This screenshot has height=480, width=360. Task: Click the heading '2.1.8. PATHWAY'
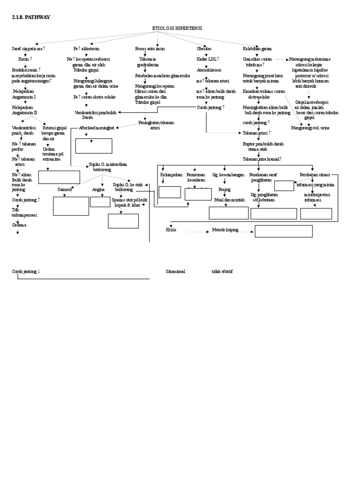tap(31, 17)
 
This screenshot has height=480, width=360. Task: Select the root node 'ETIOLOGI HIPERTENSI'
tap(177, 29)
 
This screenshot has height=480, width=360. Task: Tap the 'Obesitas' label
tap(204, 49)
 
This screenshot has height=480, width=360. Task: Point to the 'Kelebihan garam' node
tap(257, 49)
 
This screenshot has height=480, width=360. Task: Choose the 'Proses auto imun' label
tap(150, 49)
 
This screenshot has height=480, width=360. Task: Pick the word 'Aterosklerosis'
tap(209, 70)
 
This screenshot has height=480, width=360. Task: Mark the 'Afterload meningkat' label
tap(97, 127)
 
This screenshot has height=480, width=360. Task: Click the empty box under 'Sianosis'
tap(71, 206)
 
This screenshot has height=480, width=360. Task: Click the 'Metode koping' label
tap(225, 230)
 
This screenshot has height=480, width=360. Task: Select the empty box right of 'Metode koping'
tap(283, 231)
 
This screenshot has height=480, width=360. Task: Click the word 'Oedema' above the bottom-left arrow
tap(19, 225)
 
